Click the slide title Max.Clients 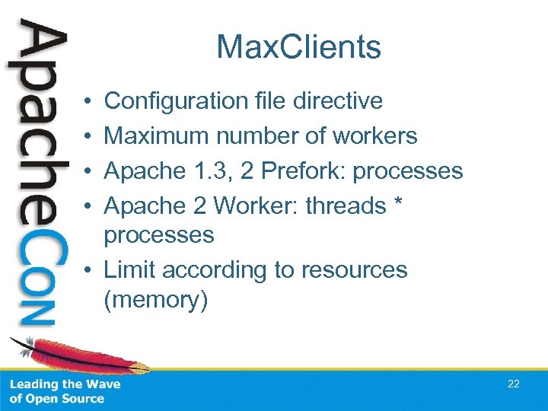pos(298,47)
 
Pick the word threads pos(346,205)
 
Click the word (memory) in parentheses pos(155,300)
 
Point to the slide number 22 pos(514,384)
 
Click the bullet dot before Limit pos(90,270)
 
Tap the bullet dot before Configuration pos(90,100)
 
